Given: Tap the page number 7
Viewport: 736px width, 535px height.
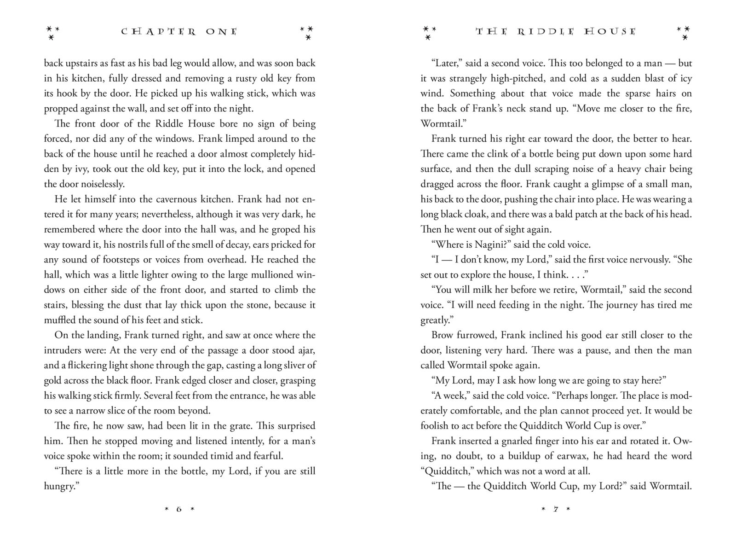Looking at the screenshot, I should point(556,509).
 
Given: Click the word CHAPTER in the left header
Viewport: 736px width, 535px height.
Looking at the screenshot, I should point(159,32).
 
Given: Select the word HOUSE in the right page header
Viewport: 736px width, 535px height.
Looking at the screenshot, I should point(609,32).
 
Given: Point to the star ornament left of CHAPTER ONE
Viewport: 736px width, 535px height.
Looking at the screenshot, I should point(52,32).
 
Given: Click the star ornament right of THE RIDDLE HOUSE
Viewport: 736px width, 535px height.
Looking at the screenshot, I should point(684,32).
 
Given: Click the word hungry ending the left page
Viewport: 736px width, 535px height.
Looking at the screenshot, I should point(58,486).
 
